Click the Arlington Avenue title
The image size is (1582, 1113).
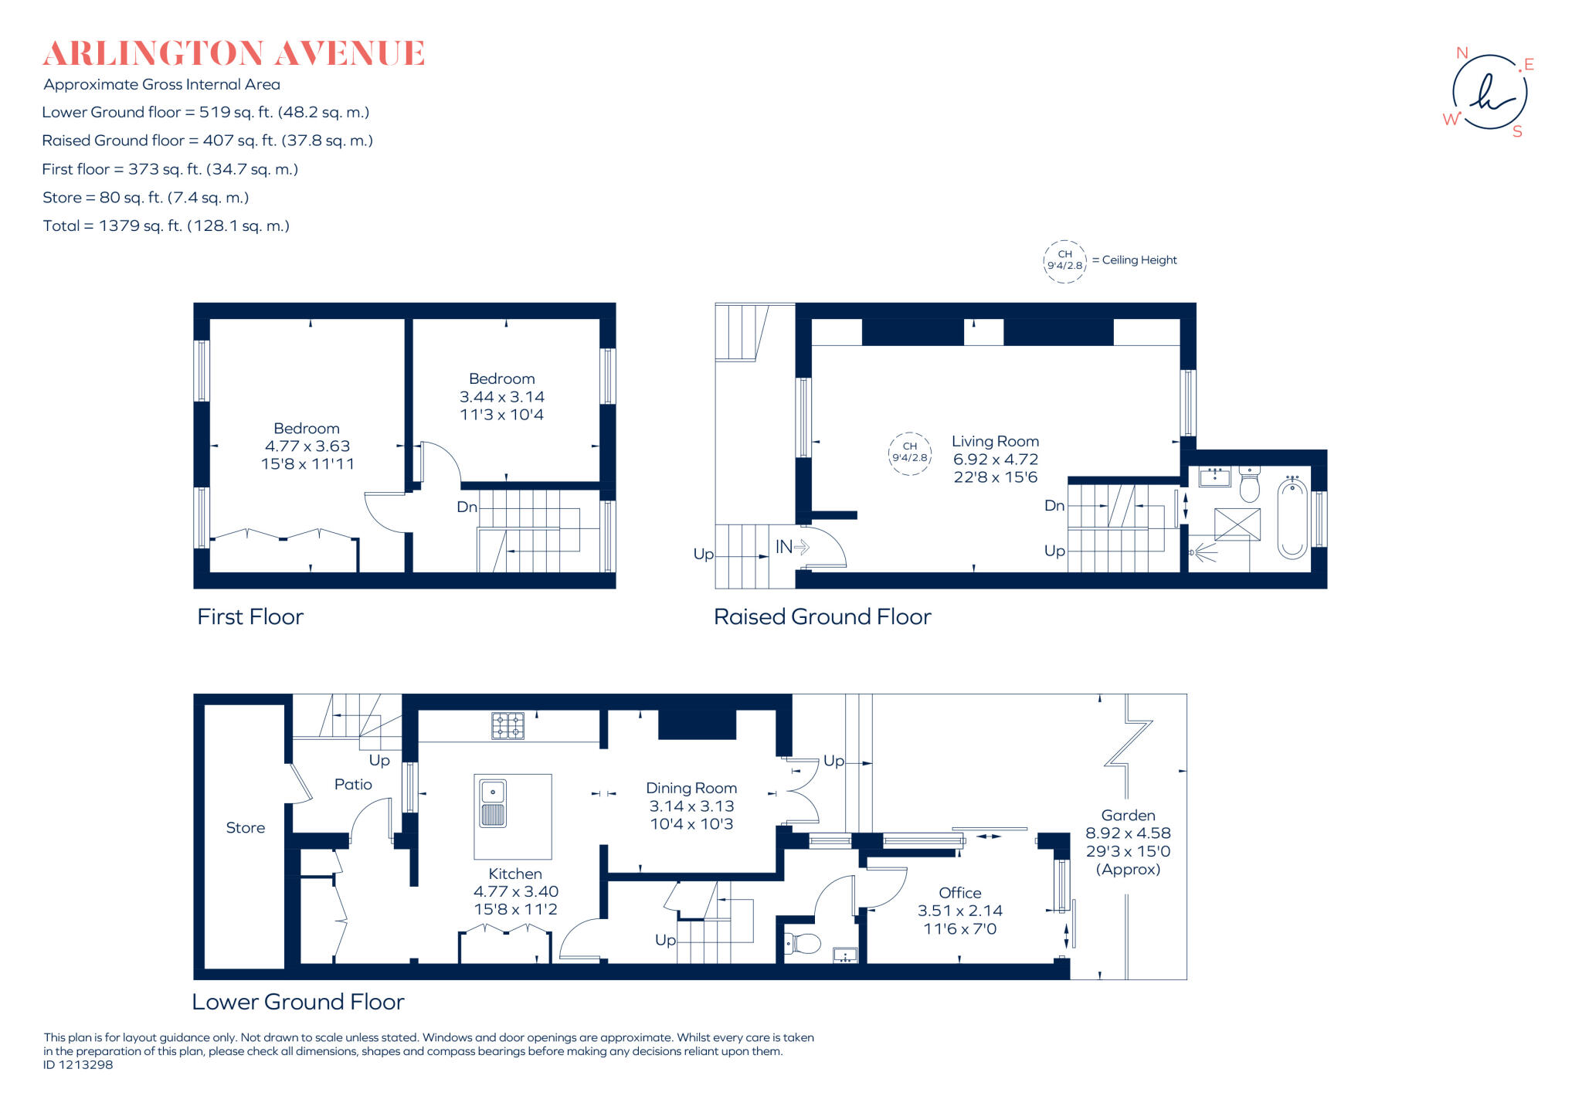(233, 54)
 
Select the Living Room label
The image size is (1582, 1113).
(995, 442)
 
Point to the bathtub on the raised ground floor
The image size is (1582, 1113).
(1292, 518)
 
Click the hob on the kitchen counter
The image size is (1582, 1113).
(508, 726)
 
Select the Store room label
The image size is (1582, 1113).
(245, 828)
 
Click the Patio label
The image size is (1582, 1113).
(353, 785)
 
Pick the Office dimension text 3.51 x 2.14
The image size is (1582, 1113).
(959, 911)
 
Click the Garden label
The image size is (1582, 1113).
(1128, 816)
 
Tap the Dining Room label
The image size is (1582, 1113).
(691, 789)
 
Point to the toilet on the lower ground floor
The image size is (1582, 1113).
(803, 943)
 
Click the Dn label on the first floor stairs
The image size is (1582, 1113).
(467, 507)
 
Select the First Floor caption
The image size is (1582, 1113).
(250, 617)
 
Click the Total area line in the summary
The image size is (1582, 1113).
(166, 226)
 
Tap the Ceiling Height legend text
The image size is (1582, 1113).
(1139, 260)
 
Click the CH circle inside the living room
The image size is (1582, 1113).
(910, 453)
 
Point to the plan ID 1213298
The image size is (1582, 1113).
(78, 1065)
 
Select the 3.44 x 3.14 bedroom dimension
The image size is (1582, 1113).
(502, 397)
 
